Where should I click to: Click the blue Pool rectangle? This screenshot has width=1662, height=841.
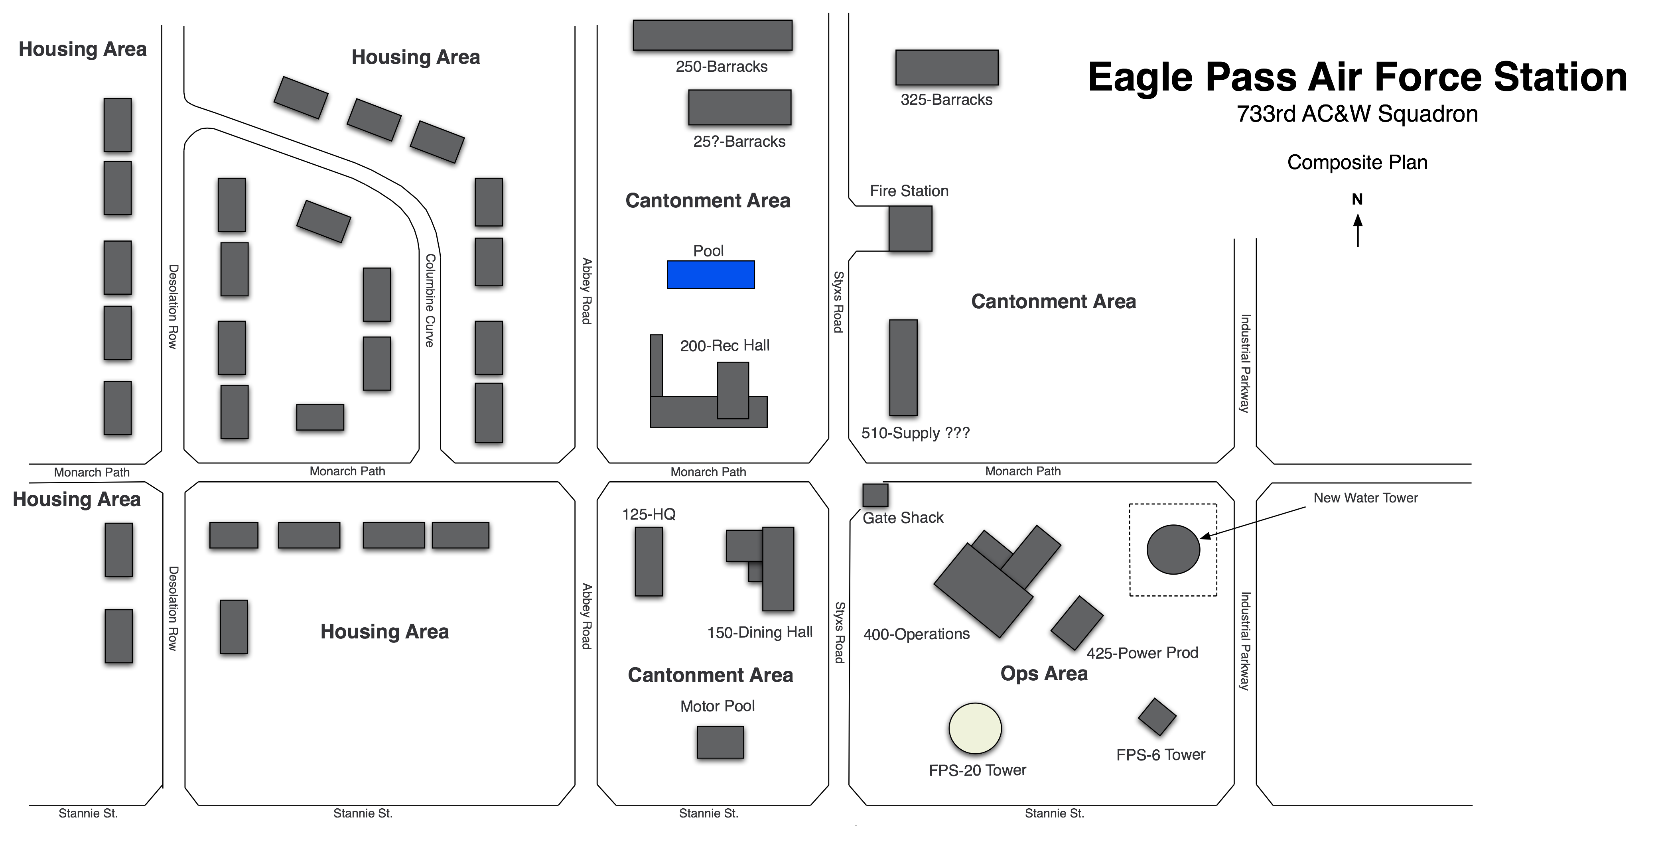click(710, 275)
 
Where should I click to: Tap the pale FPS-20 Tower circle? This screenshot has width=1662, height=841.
click(975, 728)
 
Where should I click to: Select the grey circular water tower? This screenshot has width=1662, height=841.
click(1173, 550)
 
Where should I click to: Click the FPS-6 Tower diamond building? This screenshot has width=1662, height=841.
click(1157, 717)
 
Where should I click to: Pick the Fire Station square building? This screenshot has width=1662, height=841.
click(910, 228)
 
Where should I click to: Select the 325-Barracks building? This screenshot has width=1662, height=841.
click(946, 67)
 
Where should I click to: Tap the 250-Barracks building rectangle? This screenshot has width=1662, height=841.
click(712, 35)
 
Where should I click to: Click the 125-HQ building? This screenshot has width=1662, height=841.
click(649, 561)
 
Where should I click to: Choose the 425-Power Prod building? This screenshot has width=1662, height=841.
click(1076, 623)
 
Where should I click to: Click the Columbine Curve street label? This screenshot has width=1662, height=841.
click(430, 301)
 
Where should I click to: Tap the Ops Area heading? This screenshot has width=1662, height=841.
click(1044, 673)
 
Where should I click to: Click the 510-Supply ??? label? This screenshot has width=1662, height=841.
click(915, 433)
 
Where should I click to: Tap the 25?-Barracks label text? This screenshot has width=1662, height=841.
click(739, 141)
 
